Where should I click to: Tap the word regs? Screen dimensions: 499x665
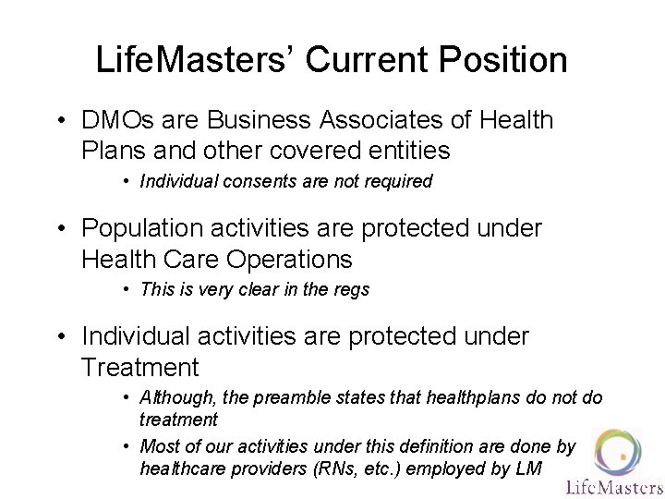tap(350, 289)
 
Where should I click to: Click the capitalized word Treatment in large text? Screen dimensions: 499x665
tap(139, 367)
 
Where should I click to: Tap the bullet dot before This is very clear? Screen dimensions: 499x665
tap(126, 289)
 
